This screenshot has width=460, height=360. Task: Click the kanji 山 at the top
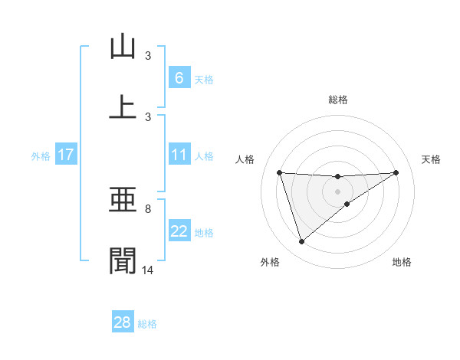click(123, 47)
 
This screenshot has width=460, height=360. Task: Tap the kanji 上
click(123, 106)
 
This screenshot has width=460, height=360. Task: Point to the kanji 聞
click(123, 260)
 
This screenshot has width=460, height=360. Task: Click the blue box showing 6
click(179, 78)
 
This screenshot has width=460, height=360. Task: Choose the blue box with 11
click(179, 155)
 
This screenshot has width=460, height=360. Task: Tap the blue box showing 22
click(179, 232)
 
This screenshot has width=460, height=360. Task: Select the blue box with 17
click(65, 155)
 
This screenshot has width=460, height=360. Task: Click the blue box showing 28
click(123, 322)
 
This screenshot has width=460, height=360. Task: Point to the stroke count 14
click(148, 270)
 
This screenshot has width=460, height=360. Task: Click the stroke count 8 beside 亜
click(148, 208)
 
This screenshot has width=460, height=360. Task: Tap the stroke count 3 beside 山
click(148, 56)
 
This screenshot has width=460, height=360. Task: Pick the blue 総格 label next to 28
click(147, 324)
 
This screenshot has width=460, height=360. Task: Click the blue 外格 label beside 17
click(41, 156)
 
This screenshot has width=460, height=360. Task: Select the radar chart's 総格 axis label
click(338, 100)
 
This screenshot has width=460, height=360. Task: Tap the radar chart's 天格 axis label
click(432, 159)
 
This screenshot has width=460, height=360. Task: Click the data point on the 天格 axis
click(396, 172)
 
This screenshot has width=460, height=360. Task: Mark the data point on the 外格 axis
click(302, 242)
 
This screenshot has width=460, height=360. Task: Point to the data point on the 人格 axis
click(280, 172)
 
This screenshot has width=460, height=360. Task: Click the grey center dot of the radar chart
click(338, 191)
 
